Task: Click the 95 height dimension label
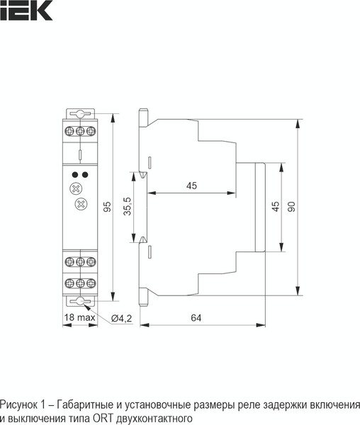tap(108, 206)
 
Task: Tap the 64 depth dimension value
tap(196, 319)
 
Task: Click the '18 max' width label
tap(79, 318)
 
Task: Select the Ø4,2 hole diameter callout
tap(122, 318)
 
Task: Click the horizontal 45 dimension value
tap(191, 186)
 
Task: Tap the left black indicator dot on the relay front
tap(74, 174)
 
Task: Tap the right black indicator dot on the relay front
tap(85, 174)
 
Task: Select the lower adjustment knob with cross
tap(79, 205)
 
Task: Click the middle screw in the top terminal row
tap(79, 130)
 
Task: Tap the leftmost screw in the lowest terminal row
tap(69, 283)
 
